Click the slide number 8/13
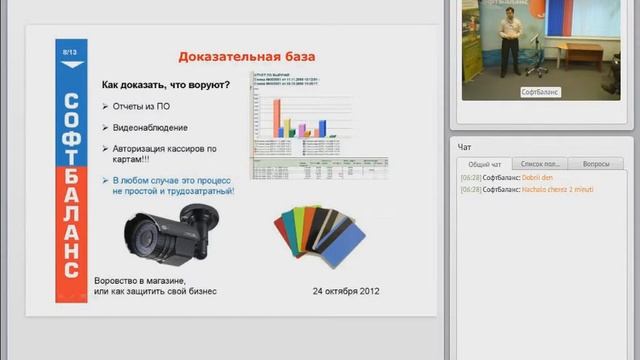(71, 49)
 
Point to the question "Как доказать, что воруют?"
(166, 85)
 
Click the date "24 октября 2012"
(345, 291)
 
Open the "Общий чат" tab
(484, 163)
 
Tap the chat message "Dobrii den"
(538, 177)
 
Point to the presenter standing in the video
(510, 45)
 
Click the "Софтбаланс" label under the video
(540, 92)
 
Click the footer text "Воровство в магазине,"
(140, 281)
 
